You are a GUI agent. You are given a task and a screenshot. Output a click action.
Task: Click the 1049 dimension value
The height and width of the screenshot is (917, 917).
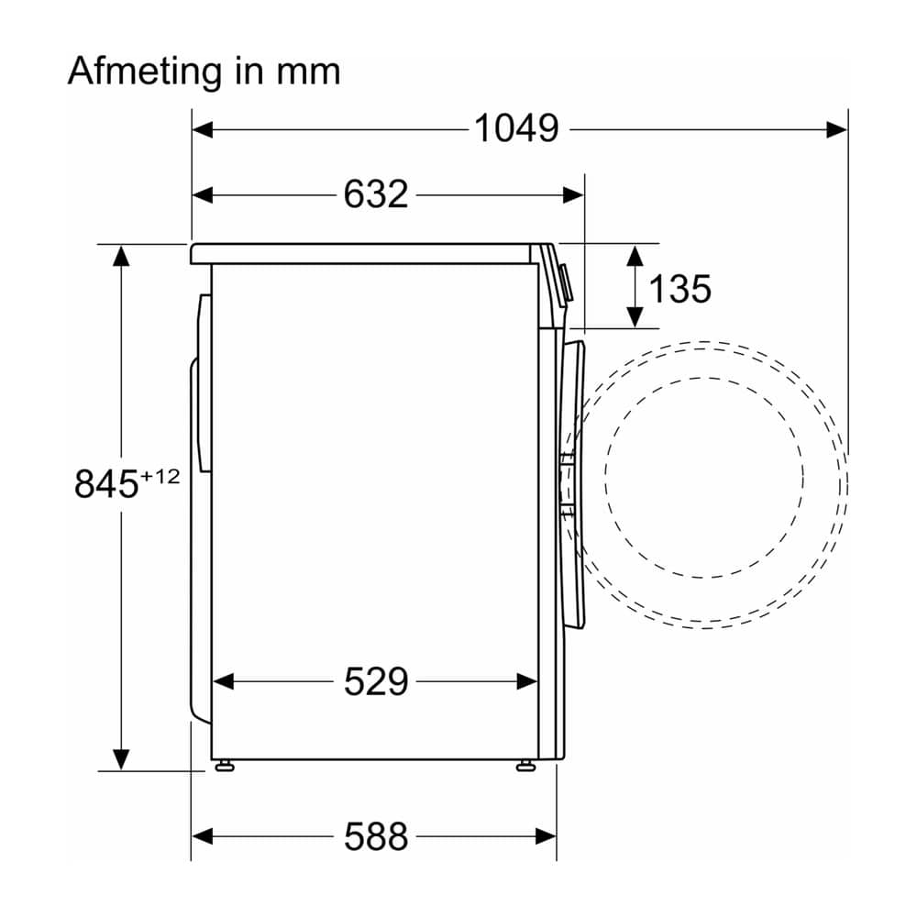(515, 128)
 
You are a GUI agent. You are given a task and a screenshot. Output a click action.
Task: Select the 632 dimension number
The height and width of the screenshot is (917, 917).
(375, 194)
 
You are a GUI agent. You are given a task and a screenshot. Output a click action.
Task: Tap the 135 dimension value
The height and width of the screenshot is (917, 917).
(680, 288)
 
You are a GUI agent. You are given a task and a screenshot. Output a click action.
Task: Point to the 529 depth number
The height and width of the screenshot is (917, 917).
(375, 681)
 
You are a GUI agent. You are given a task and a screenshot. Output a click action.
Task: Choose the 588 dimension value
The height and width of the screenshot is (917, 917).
(375, 836)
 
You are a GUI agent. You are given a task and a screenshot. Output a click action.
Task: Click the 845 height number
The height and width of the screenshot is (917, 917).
(106, 483)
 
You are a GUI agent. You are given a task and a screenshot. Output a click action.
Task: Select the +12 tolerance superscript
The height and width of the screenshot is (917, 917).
(159, 477)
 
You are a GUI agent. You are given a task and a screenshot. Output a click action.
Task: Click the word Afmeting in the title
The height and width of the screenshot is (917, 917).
(145, 72)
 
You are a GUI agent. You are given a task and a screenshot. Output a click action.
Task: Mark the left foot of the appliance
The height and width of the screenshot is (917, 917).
(224, 766)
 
